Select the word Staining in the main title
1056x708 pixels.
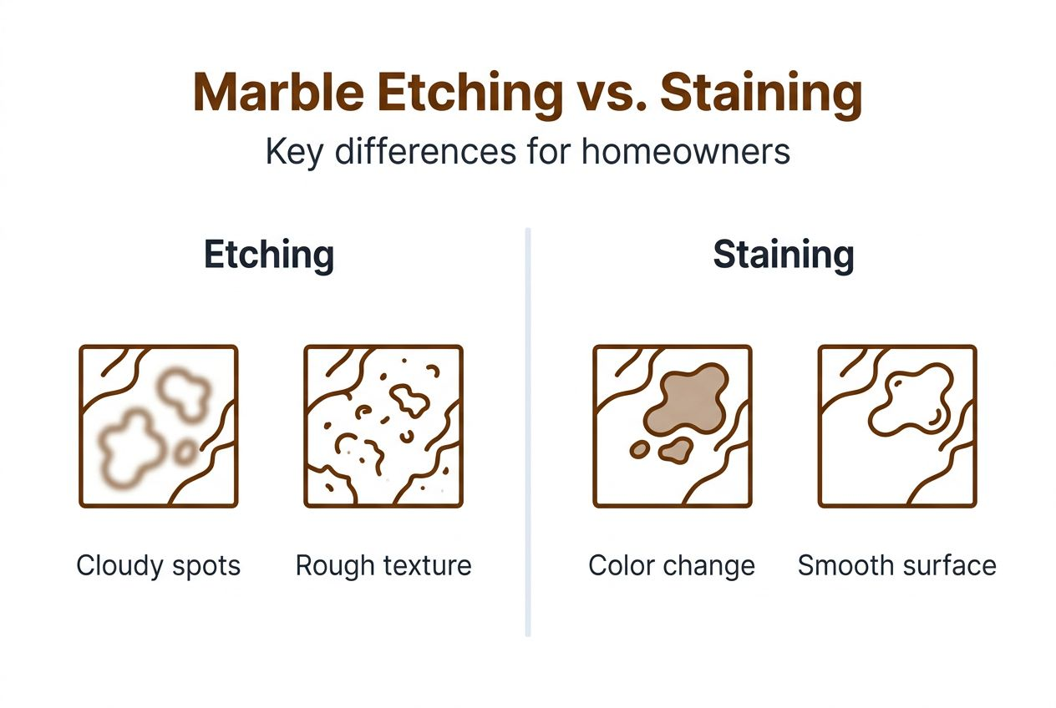click(760, 94)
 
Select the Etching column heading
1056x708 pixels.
click(269, 255)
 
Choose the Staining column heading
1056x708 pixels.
click(783, 255)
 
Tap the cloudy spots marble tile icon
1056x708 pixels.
click(159, 426)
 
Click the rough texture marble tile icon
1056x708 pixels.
click(383, 426)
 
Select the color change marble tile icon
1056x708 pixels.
click(672, 426)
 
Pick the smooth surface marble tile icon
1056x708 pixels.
click(897, 426)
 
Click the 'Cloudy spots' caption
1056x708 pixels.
click(159, 565)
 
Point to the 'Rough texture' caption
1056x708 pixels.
click(383, 565)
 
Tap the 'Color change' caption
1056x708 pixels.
click(672, 565)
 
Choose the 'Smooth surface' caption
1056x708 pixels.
click(897, 565)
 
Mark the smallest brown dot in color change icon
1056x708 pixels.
click(640, 449)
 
